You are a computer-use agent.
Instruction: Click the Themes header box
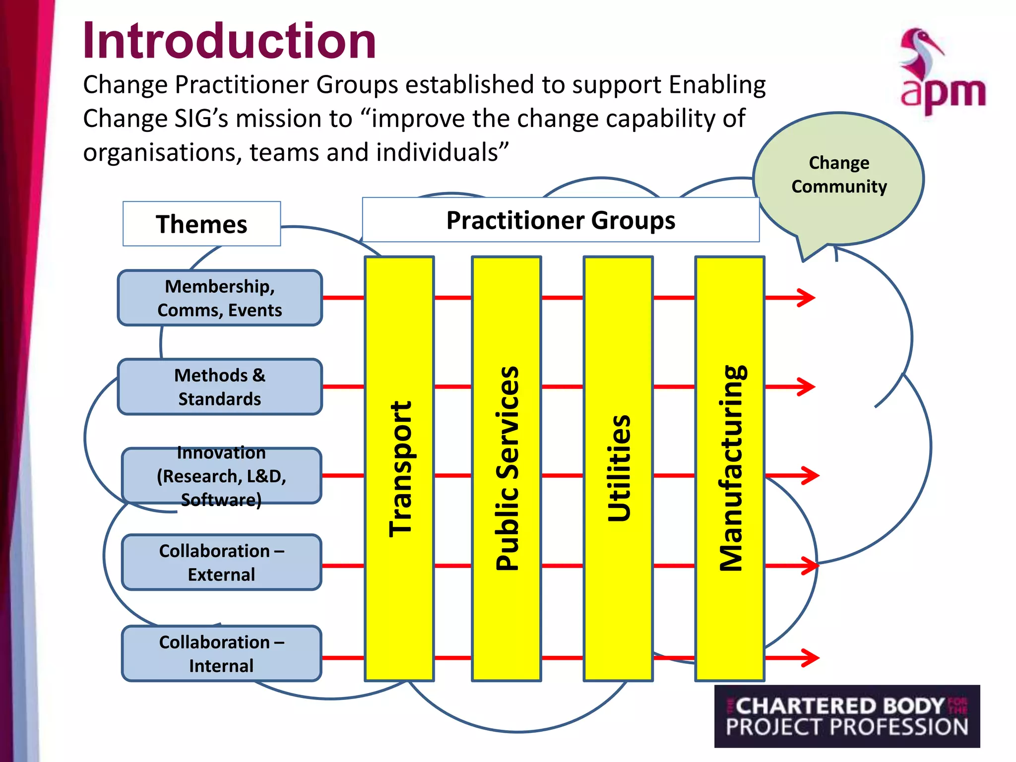click(x=201, y=224)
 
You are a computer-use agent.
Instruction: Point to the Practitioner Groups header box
click(x=561, y=220)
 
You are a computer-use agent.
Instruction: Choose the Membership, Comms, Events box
click(x=220, y=298)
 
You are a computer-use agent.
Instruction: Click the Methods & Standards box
click(x=220, y=386)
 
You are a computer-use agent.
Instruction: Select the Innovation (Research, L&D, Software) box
click(x=221, y=476)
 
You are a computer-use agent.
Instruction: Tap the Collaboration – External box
click(x=221, y=562)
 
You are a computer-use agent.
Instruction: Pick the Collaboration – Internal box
click(x=221, y=653)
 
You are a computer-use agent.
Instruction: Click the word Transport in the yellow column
click(x=400, y=469)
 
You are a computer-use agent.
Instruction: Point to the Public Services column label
click(x=507, y=469)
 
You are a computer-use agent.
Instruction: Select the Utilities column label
click(x=619, y=469)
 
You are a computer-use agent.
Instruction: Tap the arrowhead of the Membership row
click(x=807, y=298)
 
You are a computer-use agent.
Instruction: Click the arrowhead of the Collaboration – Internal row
click(x=810, y=658)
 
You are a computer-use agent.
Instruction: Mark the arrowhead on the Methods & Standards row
click(x=807, y=386)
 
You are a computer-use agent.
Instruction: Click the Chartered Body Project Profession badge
click(x=847, y=716)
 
